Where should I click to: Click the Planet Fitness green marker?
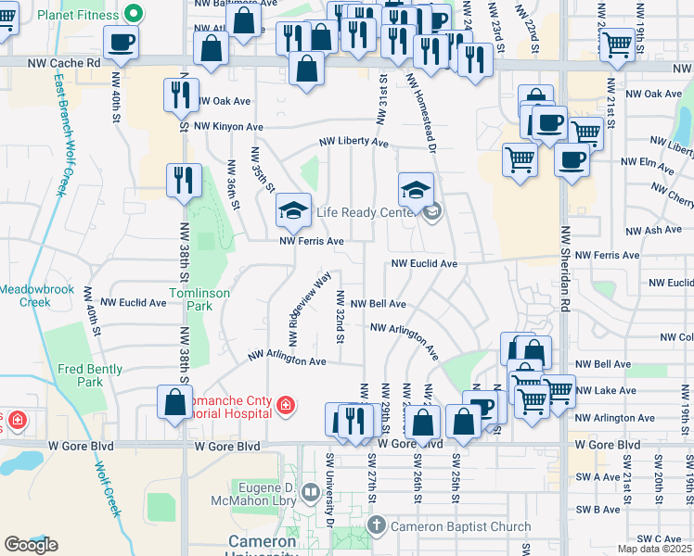click(132, 13)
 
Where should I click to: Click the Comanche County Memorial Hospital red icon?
click(285, 403)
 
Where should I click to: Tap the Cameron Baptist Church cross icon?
click(376, 525)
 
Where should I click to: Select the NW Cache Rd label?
click(63, 63)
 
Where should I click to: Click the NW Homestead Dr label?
click(422, 110)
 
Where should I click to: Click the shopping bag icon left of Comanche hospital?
click(174, 402)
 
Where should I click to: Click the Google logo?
click(31, 545)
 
